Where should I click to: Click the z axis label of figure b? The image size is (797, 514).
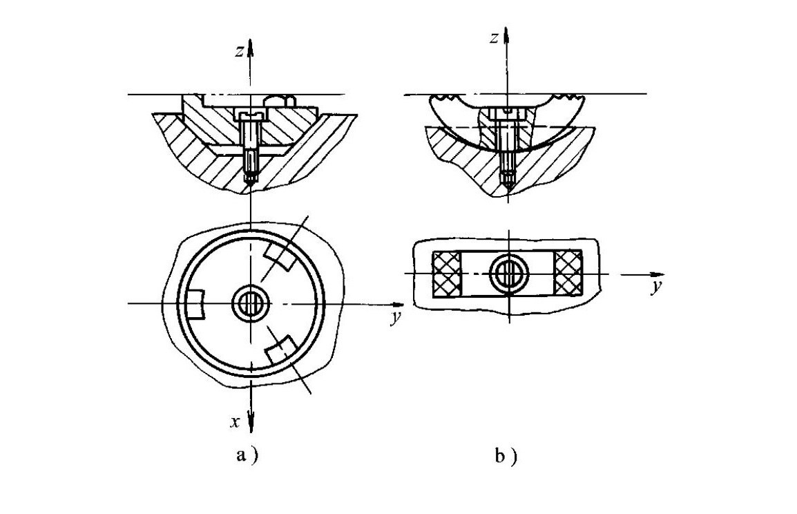[x=493, y=39]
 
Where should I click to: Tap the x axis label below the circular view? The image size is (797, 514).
[x=236, y=421]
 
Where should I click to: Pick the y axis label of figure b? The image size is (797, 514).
[x=653, y=288]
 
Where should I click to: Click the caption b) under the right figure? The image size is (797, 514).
[x=505, y=457]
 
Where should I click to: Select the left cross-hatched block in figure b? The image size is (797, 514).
[x=447, y=274]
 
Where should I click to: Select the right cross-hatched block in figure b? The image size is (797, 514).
[x=569, y=274]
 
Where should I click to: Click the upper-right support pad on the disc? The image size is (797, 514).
[x=280, y=256]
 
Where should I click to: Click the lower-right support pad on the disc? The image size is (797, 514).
[x=283, y=352]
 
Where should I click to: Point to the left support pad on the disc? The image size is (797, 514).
[x=196, y=305]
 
